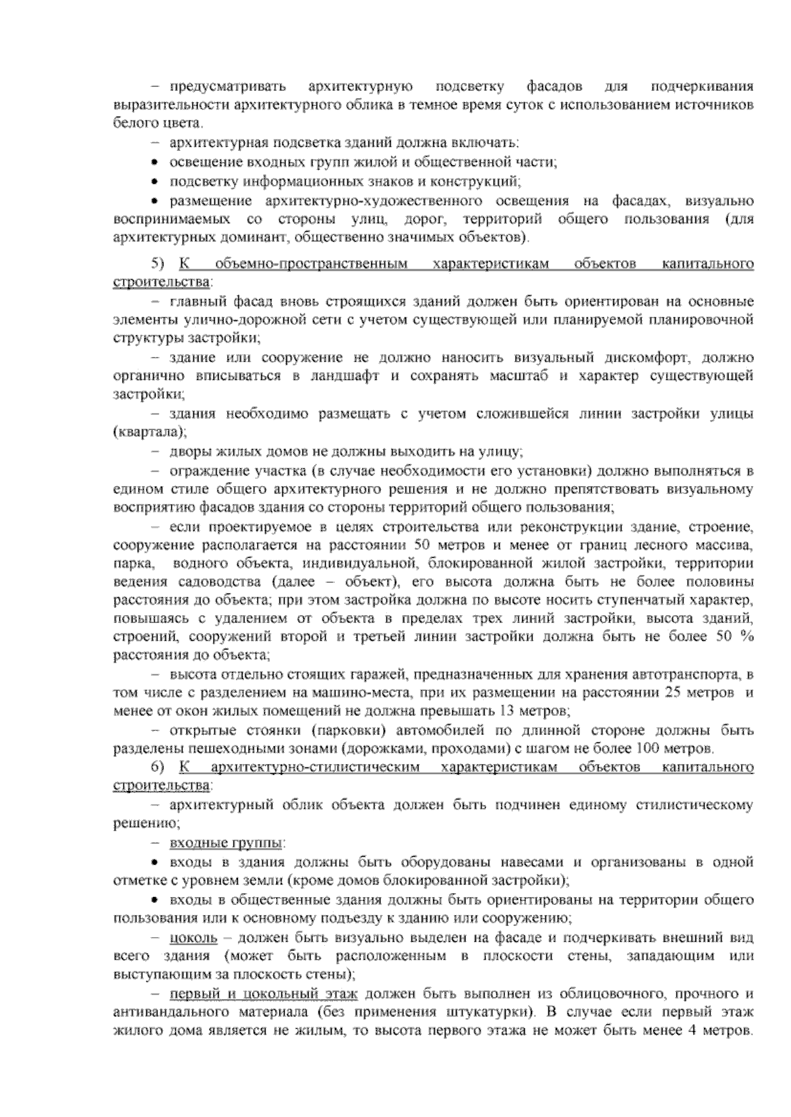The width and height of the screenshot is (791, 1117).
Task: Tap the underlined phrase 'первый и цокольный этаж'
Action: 264,993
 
